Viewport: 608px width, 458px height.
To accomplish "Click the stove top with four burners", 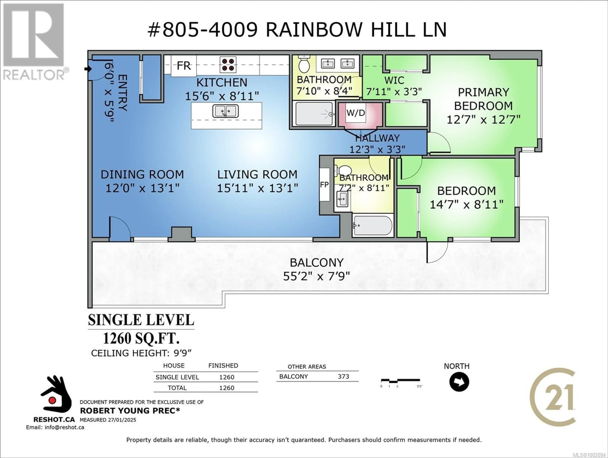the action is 228,65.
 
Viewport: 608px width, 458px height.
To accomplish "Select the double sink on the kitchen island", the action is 225,111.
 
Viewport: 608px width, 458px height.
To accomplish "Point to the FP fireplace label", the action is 324,185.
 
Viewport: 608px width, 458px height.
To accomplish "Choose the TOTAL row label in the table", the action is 177,388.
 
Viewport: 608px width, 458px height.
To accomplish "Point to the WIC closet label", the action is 394,81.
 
